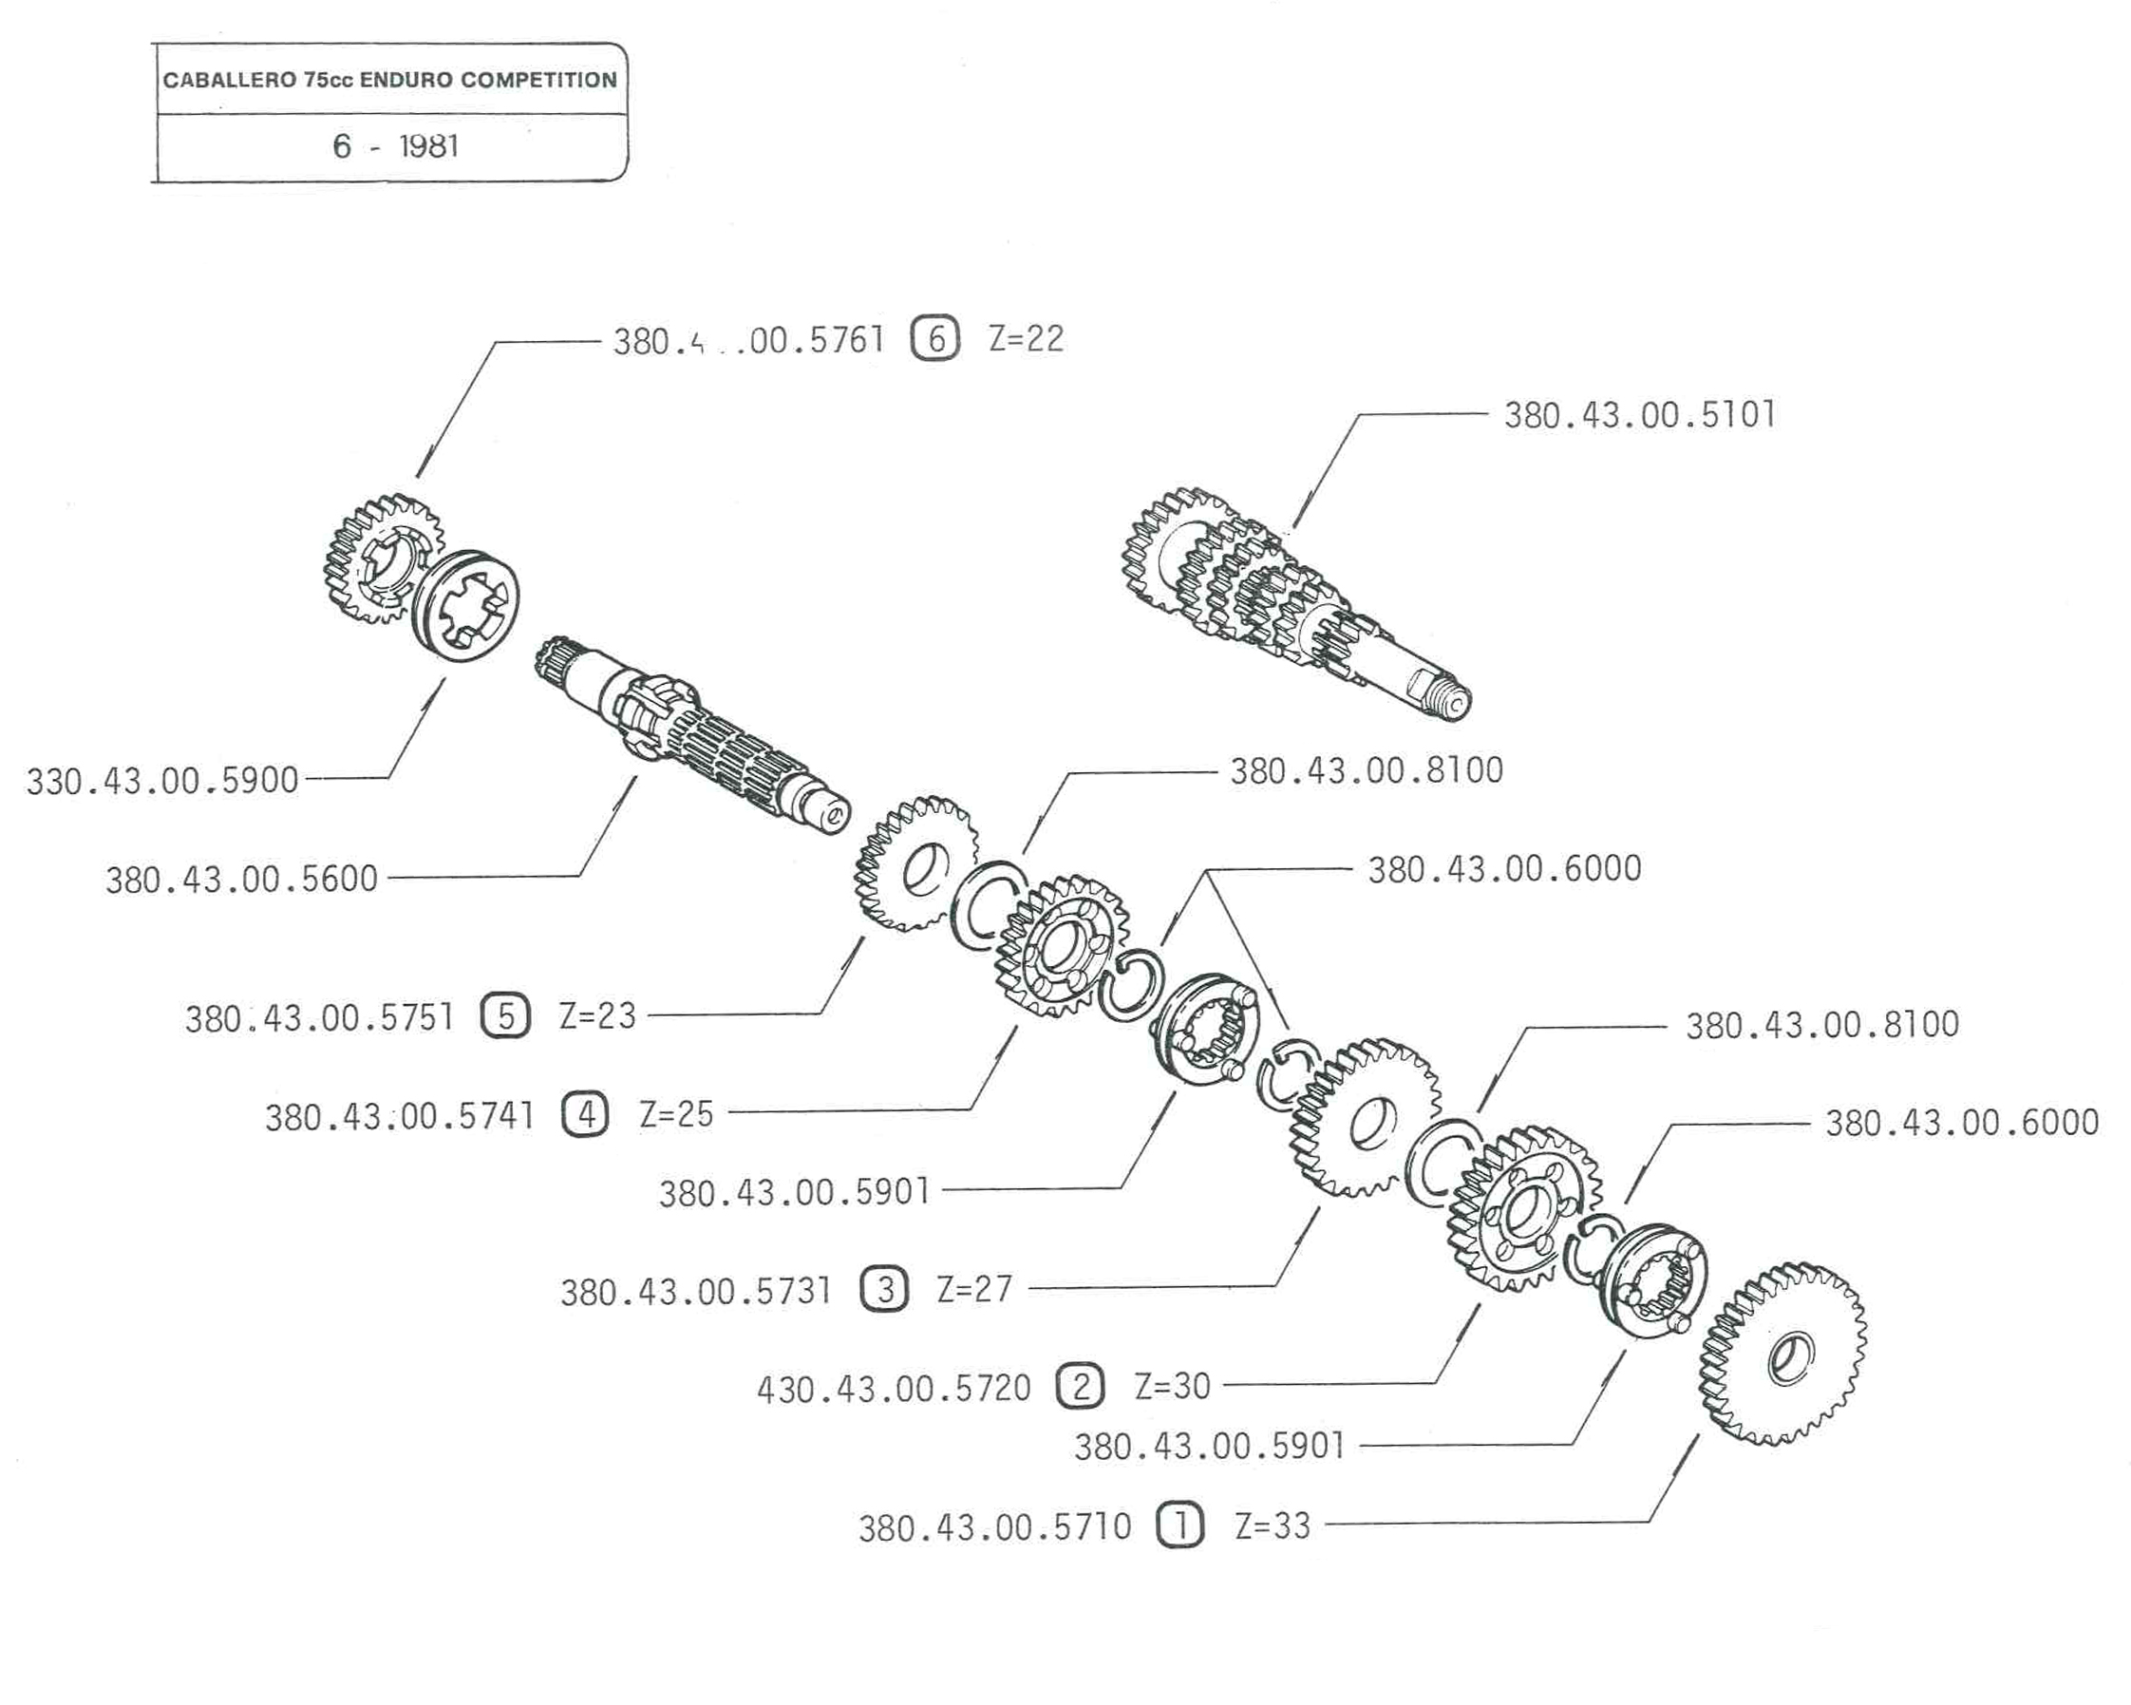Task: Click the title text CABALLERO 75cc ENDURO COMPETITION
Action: pos(389,80)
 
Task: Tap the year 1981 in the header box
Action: pos(429,146)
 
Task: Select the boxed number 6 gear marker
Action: pos(935,340)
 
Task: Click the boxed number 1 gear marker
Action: pos(1179,1525)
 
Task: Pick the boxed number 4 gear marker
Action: pos(586,1115)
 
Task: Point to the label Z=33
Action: pos(1273,1525)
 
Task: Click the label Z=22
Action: pos(1026,339)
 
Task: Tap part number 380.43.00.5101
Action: pos(1639,415)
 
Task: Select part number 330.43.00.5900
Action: pos(162,781)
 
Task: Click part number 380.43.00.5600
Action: pos(242,879)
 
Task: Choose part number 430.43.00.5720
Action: pos(894,1389)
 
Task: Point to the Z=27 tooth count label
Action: pos(974,1289)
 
